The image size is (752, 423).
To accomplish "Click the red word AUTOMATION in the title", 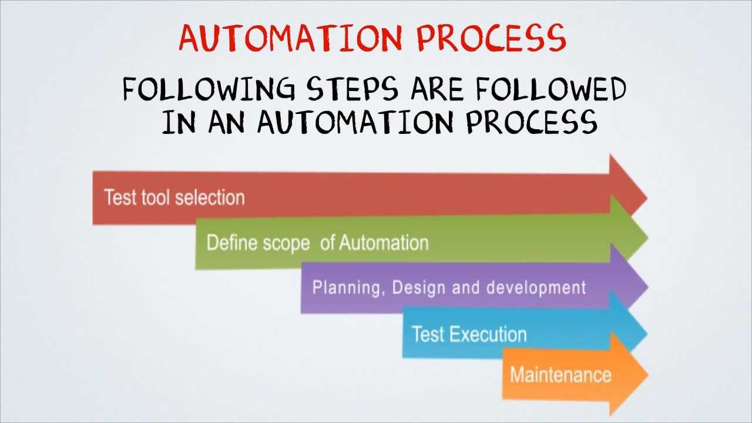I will [x=291, y=38].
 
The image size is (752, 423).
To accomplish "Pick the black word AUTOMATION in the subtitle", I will [x=355, y=123].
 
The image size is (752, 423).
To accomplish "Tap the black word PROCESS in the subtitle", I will [x=532, y=123].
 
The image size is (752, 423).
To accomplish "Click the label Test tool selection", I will [x=174, y=197].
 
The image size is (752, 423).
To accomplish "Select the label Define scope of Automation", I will [x=317, y=243].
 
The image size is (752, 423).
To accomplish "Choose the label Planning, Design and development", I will [x=449, y=287].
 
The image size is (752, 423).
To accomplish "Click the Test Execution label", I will [x=469, y=334].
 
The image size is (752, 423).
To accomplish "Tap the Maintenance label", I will [x=560, y=374].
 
